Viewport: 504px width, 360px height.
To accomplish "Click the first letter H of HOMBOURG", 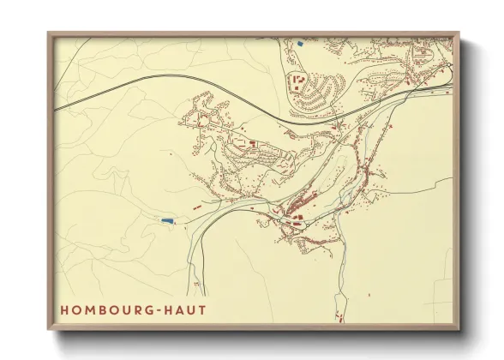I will coord(64,309).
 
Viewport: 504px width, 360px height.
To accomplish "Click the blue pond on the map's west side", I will coord(167,220).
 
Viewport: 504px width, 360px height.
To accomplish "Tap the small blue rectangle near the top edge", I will coord(300,42).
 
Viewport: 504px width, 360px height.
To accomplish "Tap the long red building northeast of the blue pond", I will coord(197,207).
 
